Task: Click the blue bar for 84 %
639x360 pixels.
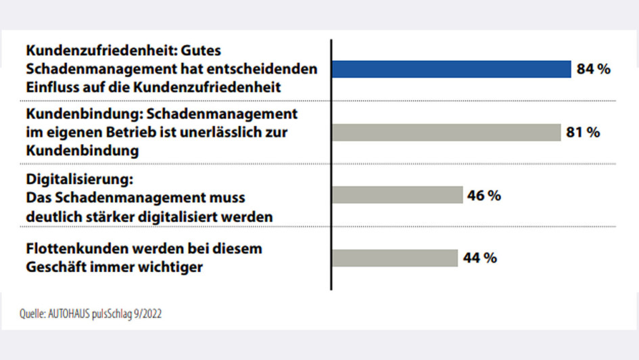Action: pos(452,70)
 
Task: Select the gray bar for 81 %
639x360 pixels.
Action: pos(447,133)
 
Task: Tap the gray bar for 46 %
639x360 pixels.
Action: pos(398,196)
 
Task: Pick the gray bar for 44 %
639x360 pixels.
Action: pos(395,258)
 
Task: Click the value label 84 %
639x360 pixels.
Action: pos(594,70)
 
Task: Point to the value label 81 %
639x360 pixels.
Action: pos(583,133)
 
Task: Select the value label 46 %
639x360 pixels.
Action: pos(483,196)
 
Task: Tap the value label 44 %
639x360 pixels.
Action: pos(480,258)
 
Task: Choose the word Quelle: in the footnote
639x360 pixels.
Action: pos(32,314)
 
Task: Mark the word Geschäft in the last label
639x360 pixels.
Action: pos(53,267)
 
